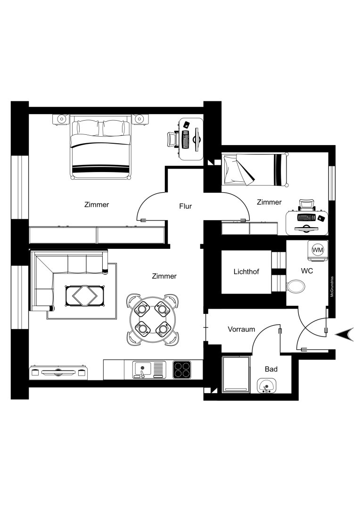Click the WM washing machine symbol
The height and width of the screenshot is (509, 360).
click(318, 250)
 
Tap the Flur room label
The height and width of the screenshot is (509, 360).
click(185, 206)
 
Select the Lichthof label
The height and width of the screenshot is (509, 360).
click(246, 271)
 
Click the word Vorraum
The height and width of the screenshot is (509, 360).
click(241, 329)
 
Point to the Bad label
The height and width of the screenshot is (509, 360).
click(271, 369)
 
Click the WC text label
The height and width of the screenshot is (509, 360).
click(307, 271)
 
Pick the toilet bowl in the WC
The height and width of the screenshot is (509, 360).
click(296, 287)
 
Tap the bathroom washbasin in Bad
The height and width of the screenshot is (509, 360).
click(267, 386)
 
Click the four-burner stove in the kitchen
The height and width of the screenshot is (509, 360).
click(182, 370)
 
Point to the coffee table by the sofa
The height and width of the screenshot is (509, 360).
click(84, 296)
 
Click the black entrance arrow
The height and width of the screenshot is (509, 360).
click(344, 335)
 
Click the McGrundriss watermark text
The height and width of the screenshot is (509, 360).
click(332, 287)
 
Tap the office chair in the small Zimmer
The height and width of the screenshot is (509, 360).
click(306, 205)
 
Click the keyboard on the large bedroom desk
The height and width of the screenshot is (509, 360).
click(186, 140)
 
